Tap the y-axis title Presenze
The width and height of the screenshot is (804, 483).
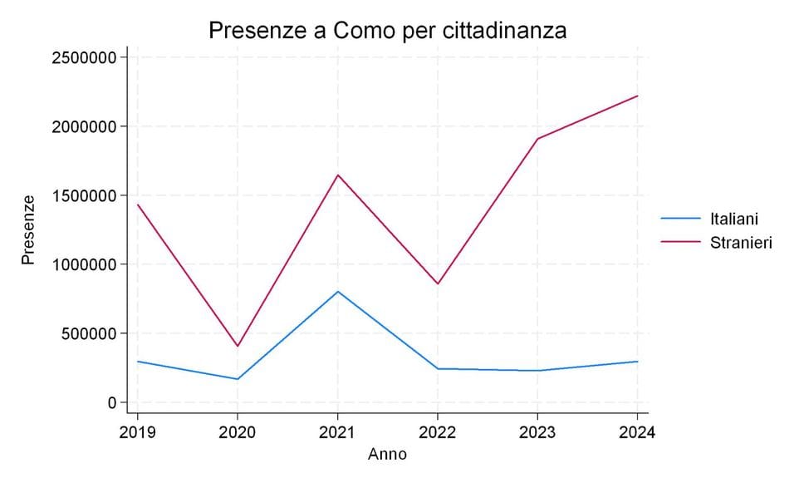click(29, 229)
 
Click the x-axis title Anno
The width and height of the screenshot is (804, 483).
click(387, 455)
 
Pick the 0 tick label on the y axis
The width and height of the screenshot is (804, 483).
click(111, 402)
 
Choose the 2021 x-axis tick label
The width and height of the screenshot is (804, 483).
click(337, 432)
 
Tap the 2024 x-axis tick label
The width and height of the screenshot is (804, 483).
click(636, 432)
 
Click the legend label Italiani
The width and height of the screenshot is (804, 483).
click(734, 219)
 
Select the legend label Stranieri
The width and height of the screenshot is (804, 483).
click(741, 244)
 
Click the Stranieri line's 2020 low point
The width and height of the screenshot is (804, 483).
click(238, 346)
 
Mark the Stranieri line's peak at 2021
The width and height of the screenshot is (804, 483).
click(337, 175)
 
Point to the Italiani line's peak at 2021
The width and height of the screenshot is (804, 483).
click(337, 291)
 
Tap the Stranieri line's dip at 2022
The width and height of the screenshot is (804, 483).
click(437, 283)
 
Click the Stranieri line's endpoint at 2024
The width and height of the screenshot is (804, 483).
click(637, 96)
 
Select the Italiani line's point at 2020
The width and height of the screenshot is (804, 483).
click(238, 379)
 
